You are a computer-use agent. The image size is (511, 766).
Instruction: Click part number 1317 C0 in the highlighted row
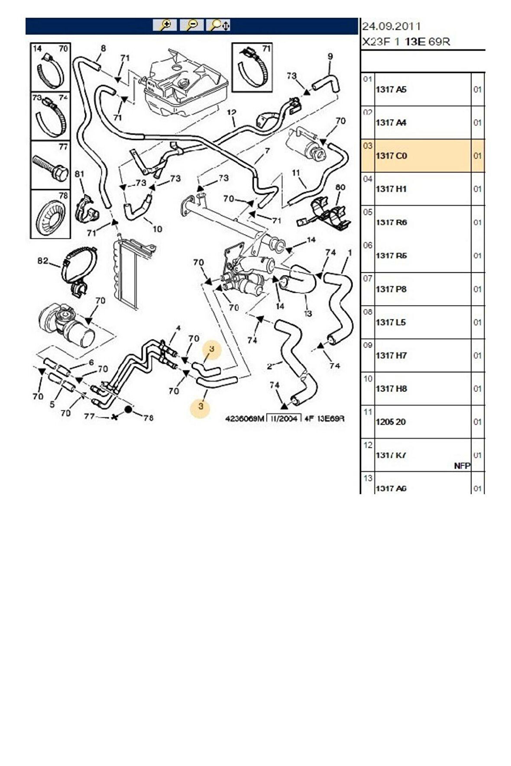point(391,156)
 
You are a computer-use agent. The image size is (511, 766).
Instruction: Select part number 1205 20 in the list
point(391,422)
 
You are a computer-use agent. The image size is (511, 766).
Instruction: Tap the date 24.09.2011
point(391,26)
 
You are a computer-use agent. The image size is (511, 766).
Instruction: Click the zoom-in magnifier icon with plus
point(165,25)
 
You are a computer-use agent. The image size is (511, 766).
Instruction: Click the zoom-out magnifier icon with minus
point(191,25)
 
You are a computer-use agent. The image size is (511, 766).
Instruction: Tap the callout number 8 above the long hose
point(103,48)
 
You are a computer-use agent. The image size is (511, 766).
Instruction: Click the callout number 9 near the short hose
point(330,56)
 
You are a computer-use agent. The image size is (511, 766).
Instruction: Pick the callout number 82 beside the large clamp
point(42,261)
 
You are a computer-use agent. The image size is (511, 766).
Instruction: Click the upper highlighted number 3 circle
point(212,349)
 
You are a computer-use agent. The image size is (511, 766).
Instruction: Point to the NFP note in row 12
point(462,466)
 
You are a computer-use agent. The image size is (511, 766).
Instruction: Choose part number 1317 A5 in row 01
point(391,90)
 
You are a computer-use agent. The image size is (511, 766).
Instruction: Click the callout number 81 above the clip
point(79,174)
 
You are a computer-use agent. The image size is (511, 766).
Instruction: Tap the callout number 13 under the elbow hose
point(308,313)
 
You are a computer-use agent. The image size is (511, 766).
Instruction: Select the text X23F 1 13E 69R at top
point(406,42)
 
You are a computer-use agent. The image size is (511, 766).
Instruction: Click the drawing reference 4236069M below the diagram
point(244,418)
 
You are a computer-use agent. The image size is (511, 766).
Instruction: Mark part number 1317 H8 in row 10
point(391,389)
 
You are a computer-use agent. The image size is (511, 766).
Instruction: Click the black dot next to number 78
point(129,409)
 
